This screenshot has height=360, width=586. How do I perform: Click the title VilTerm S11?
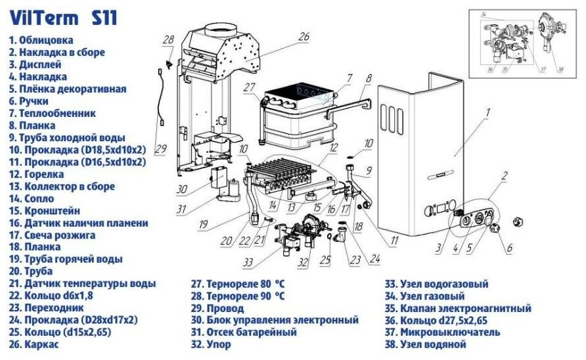click(x=62, y=17)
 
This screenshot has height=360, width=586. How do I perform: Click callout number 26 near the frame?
click(x=303, y=37)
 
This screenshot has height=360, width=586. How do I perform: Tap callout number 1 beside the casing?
click(x=488, y=112)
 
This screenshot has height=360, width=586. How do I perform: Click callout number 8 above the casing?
click(x=369, y=78)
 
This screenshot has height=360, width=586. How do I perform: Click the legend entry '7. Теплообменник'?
click(x=52, y=113)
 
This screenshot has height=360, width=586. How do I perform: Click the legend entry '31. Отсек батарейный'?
click(x=251, y=332)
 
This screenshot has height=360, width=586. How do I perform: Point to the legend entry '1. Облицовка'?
click(x=41, y=40)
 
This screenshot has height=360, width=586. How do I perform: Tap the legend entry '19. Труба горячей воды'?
click(x=65, y=259)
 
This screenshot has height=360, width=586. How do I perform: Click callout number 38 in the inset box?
click(x=559, y=69)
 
